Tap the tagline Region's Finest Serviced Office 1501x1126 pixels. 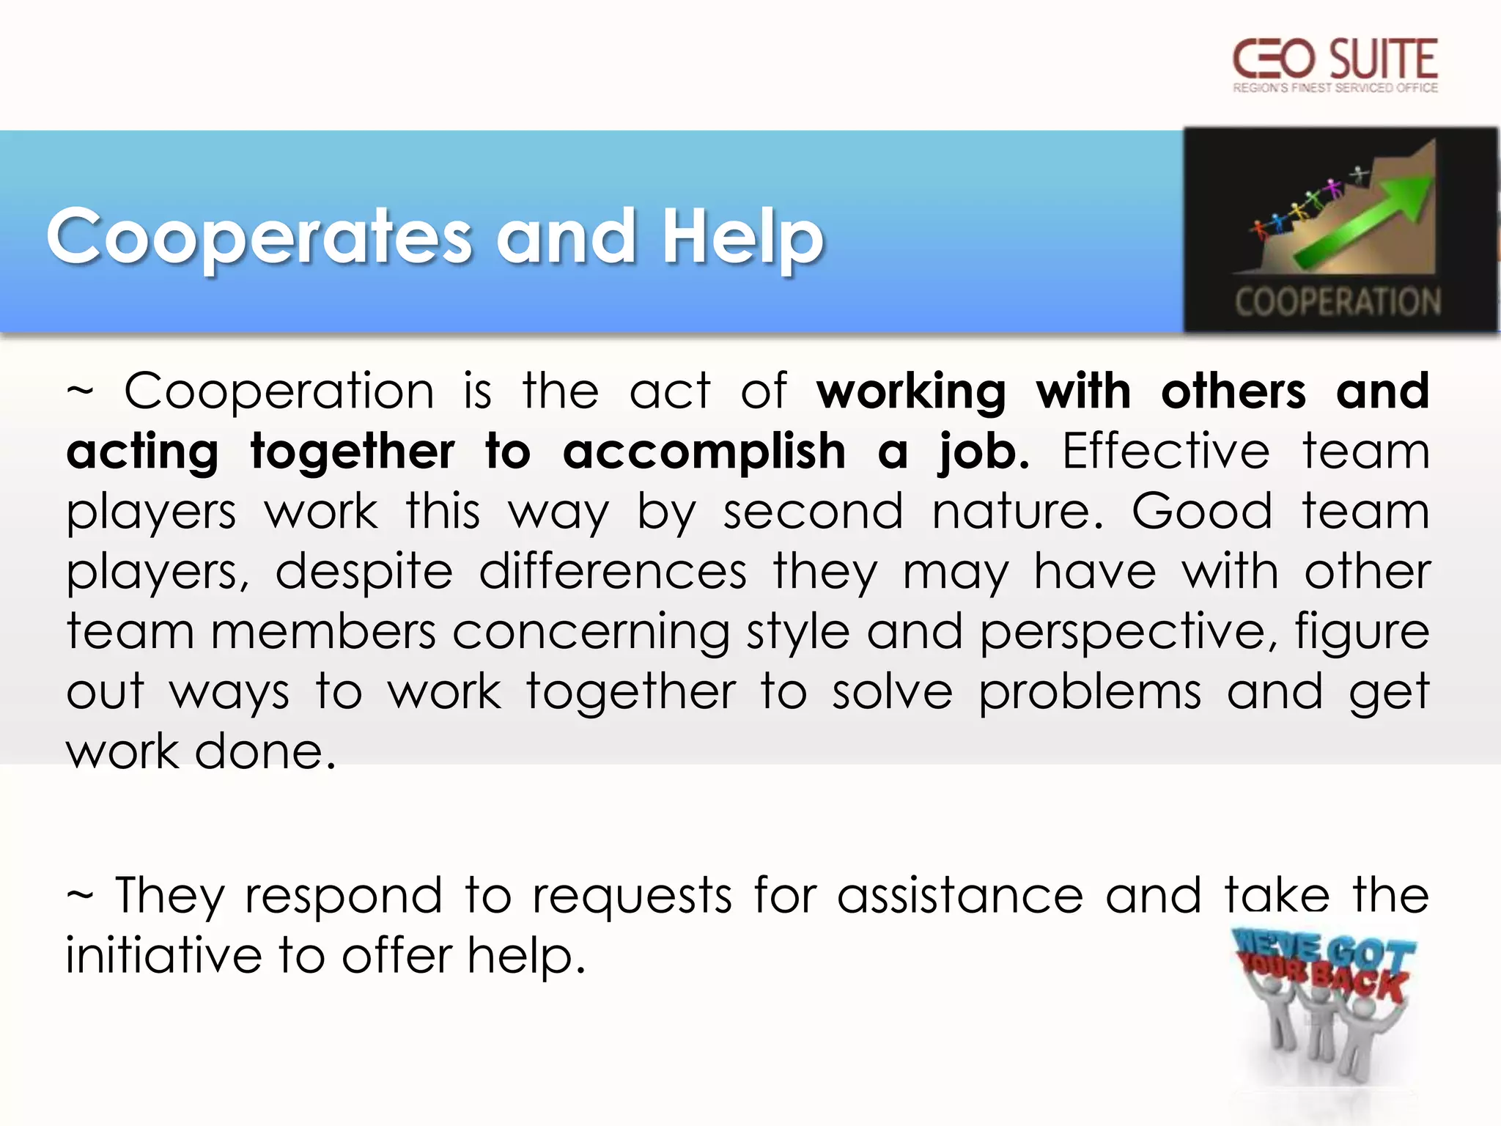pyautogui.click(x=1335, y=88)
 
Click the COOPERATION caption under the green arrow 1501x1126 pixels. pyautogui.click(x=1338, y=302)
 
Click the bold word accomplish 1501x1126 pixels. pyautogui.click(x=704, y=452)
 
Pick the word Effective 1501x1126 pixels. pyautogui.click(x=1165, y=451)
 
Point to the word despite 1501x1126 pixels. pyautogui.click(x=364, y=573)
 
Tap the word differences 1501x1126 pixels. pyautogui.click(x=613, y=571)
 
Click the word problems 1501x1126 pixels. pyautogui.click(x=1090, y=693)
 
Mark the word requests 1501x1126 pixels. pyautogui.click(x=632, y=897)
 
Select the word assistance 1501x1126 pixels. pyautogui.click(x=960, y=895)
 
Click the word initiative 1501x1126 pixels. pyautogui.click(x=163, y=956)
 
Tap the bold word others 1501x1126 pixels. pyautogui.click(x=1233, y=391)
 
